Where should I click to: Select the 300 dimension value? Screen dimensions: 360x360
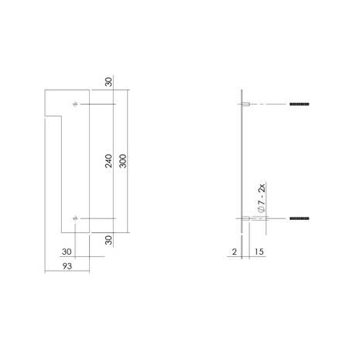pos(123,161)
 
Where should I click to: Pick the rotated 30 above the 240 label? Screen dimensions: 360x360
pos(108,84)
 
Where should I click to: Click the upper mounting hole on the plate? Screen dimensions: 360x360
pos(75,104)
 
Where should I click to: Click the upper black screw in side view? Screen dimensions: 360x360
pos(298,104)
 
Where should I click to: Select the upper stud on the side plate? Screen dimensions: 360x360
pos(245,104)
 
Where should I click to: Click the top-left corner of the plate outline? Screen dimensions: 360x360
pos(45,91)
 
